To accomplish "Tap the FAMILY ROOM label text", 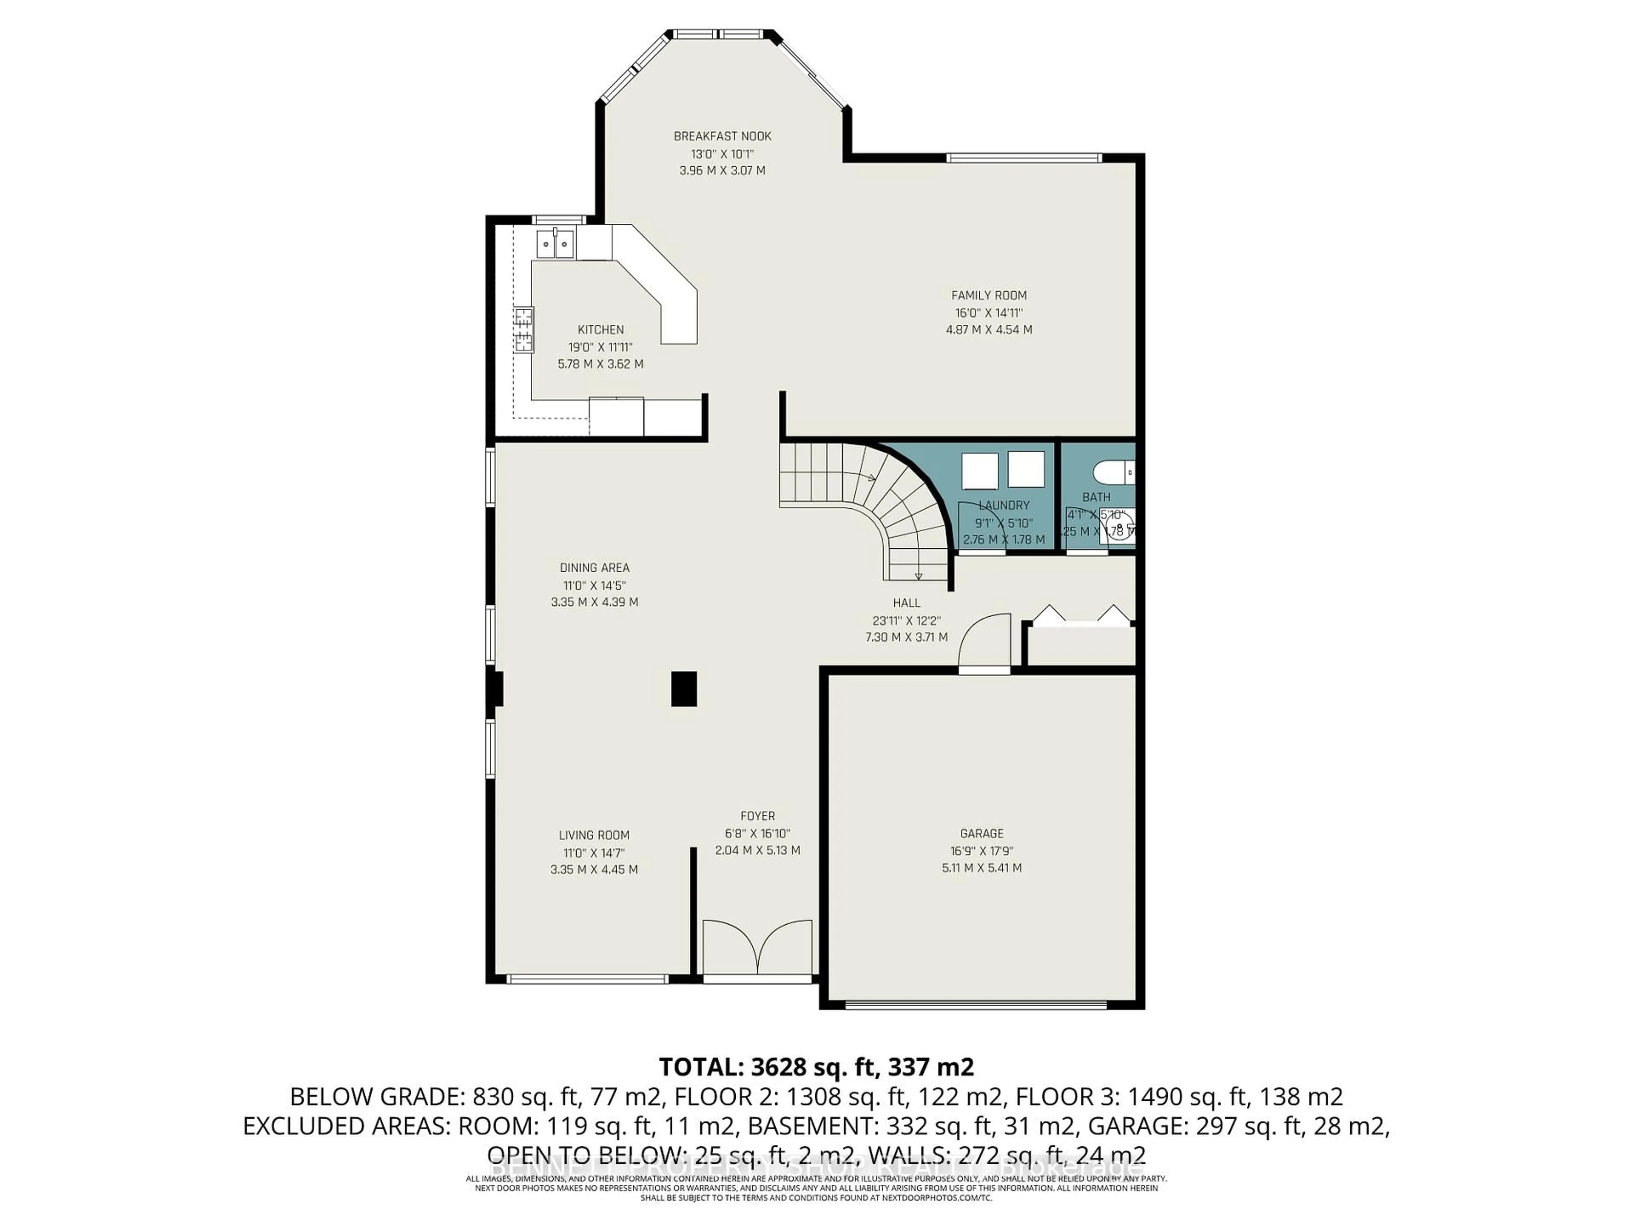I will (x=988, y=295).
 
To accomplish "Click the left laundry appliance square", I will (x=980, y=471).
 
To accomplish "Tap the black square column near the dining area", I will (x=684, y=689).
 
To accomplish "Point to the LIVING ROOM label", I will (x=594, y=835).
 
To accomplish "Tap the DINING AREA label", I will (x=594, y=568).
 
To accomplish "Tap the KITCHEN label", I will (x=600, y=330).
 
